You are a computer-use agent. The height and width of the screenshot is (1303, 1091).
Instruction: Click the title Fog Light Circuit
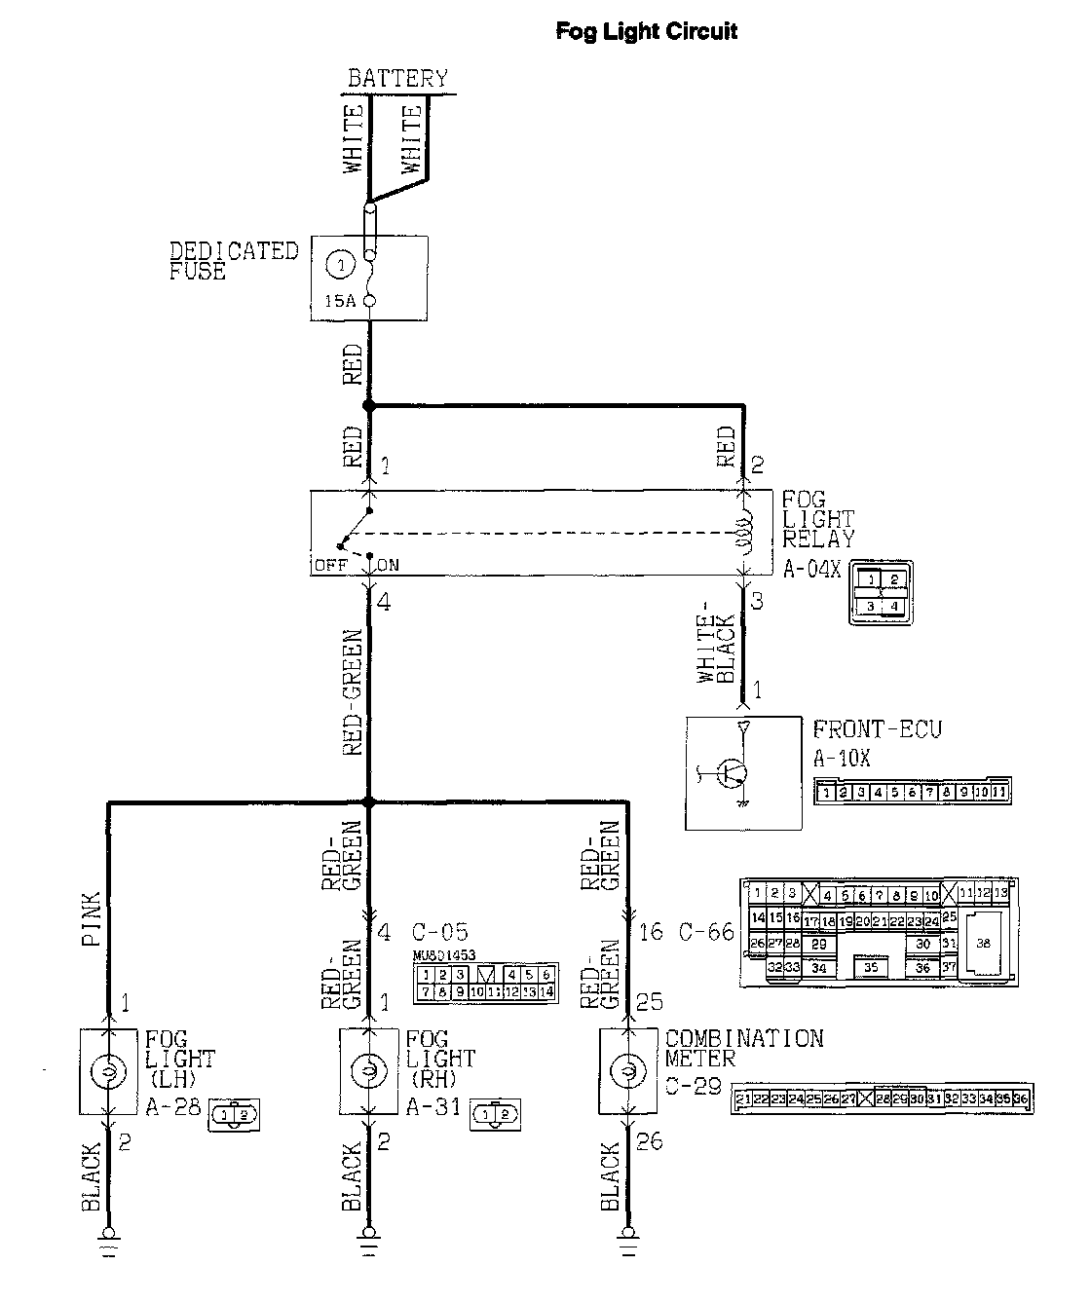pos(646,31)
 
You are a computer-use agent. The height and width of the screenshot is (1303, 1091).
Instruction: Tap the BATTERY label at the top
pos(397,78)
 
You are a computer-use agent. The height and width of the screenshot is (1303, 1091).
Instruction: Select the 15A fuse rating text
pos(340,301)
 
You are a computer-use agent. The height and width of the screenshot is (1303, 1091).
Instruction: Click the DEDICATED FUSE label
pos(234,261)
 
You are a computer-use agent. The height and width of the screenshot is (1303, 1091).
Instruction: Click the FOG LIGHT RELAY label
pos(818,519)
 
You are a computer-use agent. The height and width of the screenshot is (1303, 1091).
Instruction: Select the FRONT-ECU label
pos(877,728)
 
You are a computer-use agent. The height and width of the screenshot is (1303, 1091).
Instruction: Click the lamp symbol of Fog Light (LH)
pos(108,1072)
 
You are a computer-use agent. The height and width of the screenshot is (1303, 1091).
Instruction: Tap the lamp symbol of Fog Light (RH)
pos(368,1072)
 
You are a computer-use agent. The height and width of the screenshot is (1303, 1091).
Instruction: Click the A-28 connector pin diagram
pos(234,1116)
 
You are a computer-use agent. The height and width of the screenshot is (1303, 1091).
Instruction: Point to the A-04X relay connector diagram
pos(881,593)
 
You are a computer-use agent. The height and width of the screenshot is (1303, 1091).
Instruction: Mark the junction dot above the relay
pos(368,405)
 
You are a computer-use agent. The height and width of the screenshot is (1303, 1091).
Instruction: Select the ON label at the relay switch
pos(387,565)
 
